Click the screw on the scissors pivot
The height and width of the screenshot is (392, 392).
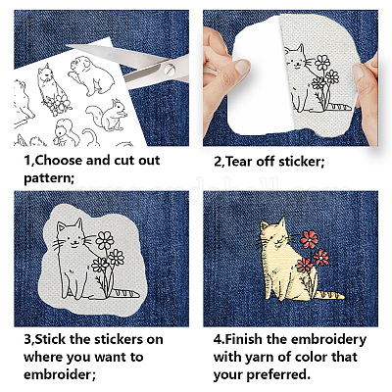pyautogui.click(x=170, y=69)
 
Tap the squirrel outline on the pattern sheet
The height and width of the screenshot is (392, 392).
pyautogui.click(x=107, y=115)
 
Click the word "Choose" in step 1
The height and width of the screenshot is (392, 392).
pyautogui.click(x=58, y=161)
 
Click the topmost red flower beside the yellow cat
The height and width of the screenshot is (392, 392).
pyautogui.click(x=309, y=239)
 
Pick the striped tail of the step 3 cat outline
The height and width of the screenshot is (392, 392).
pyautogui.click(x=125, y=293)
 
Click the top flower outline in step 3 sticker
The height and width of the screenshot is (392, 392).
pyautogui.click(x=105, y=241)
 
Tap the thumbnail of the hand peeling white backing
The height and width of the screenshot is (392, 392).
pyautogui.click(x=243, y=67)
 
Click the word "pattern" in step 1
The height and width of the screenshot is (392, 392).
pyautogui.click(x=47, y=178)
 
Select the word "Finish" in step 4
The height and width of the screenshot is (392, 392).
pyautogui.click(x=243, y=339)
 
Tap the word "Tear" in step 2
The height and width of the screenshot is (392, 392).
pyautogui.click(x=239, y=162)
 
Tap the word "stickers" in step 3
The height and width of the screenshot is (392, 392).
pyautogui.click(x=119, y=339)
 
